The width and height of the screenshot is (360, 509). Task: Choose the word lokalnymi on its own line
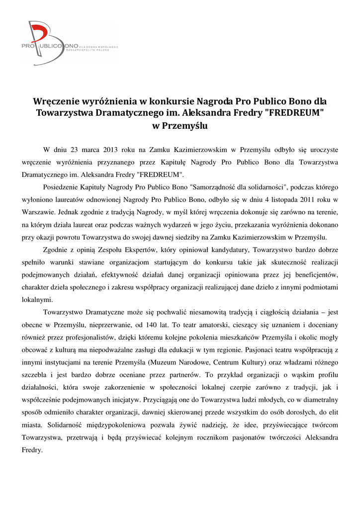coord(38,299)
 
